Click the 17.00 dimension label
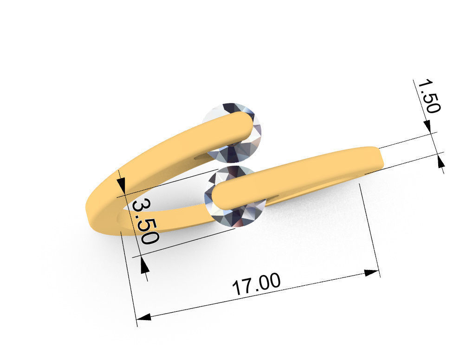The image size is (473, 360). (256, 284)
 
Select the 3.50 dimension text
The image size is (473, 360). (145, 221)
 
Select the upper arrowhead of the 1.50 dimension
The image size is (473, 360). (428, 126)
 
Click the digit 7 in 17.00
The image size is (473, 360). (246, 287)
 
